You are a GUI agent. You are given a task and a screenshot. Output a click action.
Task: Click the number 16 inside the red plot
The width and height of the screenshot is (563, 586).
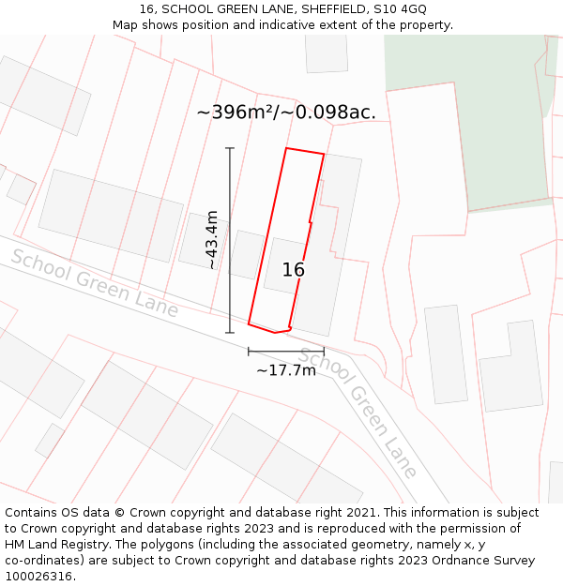[x=293, y=270]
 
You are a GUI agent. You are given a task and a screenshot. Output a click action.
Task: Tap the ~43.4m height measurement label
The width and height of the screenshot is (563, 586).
[x=212, y=240]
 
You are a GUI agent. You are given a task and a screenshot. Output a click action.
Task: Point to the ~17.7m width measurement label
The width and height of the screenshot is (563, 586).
[x=286, y=370]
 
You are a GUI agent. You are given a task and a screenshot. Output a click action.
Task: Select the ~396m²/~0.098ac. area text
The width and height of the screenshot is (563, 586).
[x=286, y=113]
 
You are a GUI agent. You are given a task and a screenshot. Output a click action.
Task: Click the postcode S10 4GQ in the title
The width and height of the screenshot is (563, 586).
[x=401, y=8]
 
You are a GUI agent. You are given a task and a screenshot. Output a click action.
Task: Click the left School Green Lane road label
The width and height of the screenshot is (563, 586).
[x=94, y=283]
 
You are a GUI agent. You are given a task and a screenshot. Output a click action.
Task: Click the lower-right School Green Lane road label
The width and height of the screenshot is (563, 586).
[x=358, y=413]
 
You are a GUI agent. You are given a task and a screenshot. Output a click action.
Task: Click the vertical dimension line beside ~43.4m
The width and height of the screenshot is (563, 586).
[x=230, y=240]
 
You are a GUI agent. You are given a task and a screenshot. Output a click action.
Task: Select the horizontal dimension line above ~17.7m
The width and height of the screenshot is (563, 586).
[x=286, y=352]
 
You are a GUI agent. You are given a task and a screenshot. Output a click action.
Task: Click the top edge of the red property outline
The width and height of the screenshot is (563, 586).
[x=305, y=151]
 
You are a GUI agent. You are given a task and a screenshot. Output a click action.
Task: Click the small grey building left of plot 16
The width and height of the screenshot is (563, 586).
[x=247, y=254]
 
